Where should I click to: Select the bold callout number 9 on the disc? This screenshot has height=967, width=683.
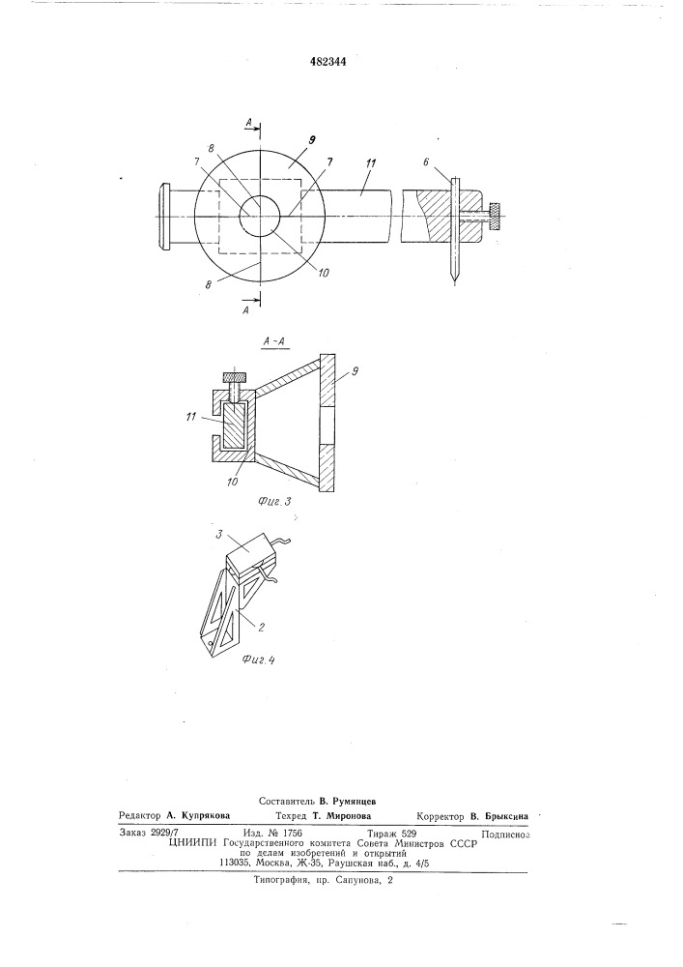[312, 140]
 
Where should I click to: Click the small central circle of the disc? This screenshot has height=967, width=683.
[260, 216]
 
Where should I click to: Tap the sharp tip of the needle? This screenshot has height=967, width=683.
[455, 282]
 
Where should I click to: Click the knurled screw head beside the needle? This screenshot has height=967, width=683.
[494, 216]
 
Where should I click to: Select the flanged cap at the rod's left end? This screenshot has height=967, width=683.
[164, 216]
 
